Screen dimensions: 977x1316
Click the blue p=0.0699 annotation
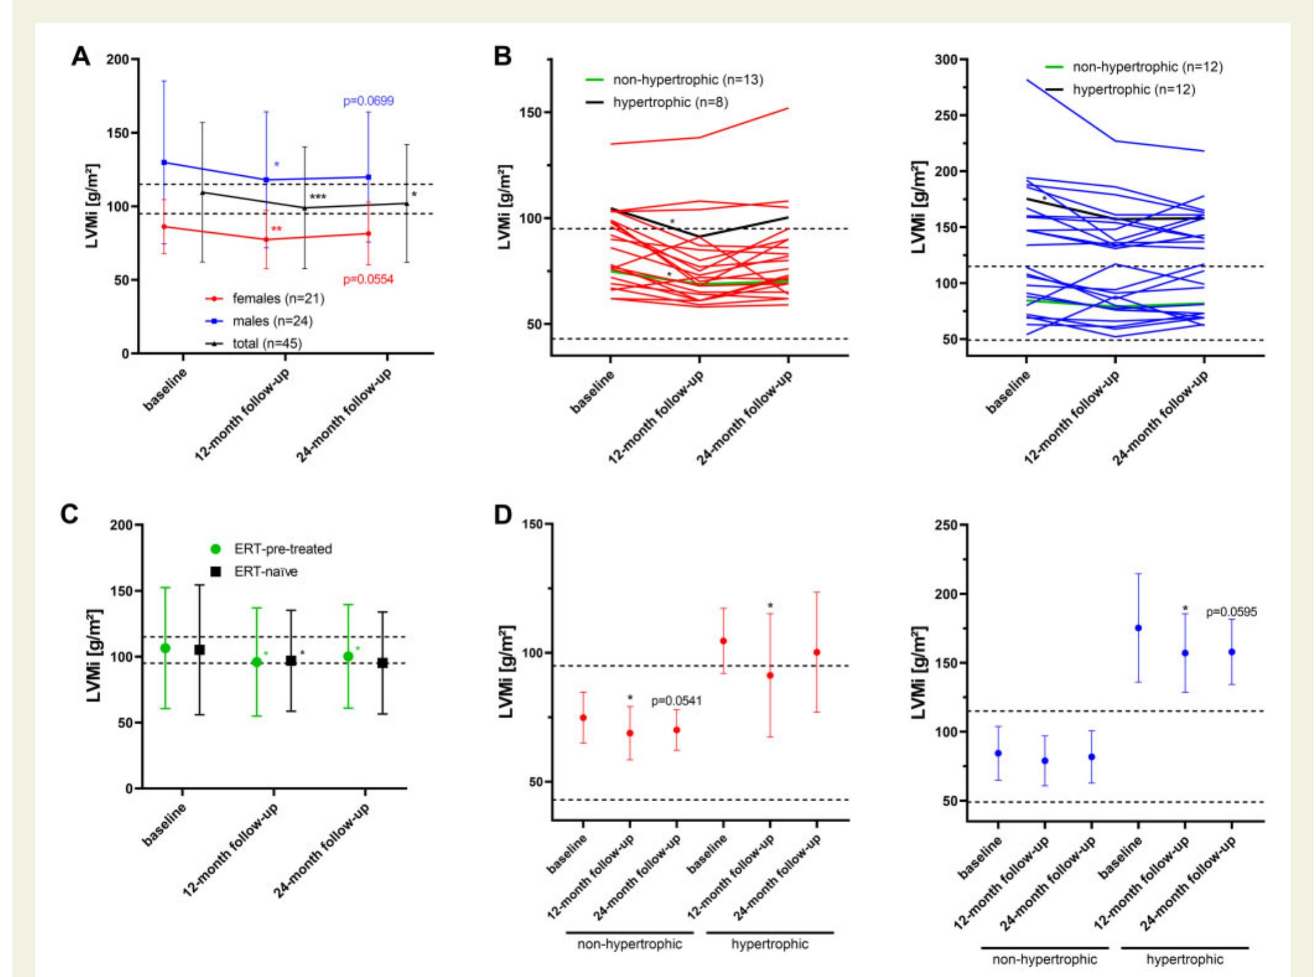click(368, 101)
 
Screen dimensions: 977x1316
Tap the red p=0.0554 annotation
click(368, 280)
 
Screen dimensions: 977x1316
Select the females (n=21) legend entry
click(278, 298)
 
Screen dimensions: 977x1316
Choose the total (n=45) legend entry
click(267, 343)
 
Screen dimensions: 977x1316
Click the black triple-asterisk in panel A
click(318, 198)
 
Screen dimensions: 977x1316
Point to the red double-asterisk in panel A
click(276, 230)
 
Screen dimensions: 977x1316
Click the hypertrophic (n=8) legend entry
click(670, 102)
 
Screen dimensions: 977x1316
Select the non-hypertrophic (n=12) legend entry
click(1148, 67)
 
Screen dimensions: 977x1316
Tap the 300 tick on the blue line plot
click(946, 59)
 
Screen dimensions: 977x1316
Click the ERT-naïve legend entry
click(266, 571)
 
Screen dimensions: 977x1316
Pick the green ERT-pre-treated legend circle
click(215, 549)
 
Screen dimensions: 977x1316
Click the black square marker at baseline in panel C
click(199, 650)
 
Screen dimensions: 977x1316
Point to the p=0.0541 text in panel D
click(677, 701)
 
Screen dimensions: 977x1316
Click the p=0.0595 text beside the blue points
click(1231, 612)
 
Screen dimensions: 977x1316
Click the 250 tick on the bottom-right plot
click(946, 525)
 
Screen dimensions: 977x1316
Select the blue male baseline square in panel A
click(164, 162)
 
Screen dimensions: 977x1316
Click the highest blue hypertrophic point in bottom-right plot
click(1138, 628)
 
